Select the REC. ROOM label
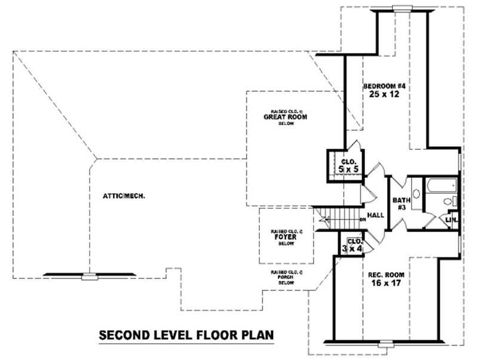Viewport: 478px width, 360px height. click(386, 275)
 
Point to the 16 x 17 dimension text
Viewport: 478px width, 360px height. click(386, 284)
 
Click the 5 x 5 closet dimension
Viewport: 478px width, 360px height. click(348, 170)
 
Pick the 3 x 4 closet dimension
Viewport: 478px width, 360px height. click(351, 248)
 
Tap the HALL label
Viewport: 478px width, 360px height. click(375, 216)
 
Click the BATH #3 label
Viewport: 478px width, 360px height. click(399, 204)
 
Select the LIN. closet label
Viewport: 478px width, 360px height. click(452, 220)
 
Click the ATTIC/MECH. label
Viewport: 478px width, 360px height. click(125, 196)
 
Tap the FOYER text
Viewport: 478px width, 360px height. click(286, 236)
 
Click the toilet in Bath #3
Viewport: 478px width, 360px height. click(454, 201)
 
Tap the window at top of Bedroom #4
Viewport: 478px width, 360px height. click(402, 8)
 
